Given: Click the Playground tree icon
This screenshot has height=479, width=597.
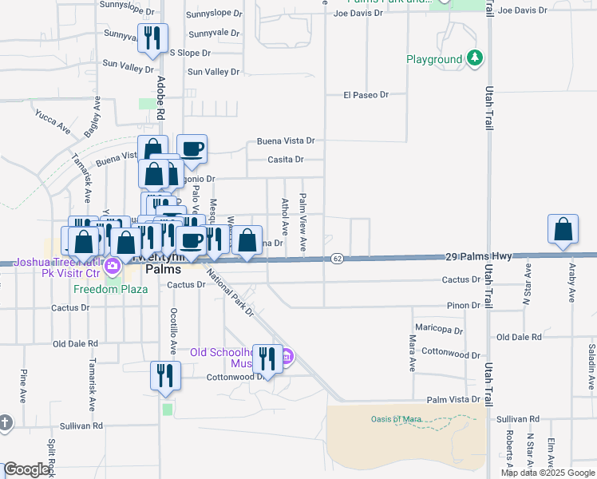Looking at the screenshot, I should pyautogui.click(x=476, y=58).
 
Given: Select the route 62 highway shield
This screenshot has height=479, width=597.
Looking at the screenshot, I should pyautogui.click(x=338, y=258).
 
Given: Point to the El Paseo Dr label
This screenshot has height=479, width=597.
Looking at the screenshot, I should pyautogui.click(x=366, y=94).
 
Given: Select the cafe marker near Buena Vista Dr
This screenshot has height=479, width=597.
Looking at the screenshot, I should pyautogui.click(x=192, y=148).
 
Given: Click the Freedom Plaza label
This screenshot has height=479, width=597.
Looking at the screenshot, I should pyautogui.click(x=111, y=289).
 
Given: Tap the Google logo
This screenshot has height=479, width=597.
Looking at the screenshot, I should pyautogui.click(x=27, y=469).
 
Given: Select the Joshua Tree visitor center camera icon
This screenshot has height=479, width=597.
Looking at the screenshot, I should pyautogui.click(x=113, y=266).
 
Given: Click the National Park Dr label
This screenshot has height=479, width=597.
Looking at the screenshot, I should pyautogui.click(x=230, y=293).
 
